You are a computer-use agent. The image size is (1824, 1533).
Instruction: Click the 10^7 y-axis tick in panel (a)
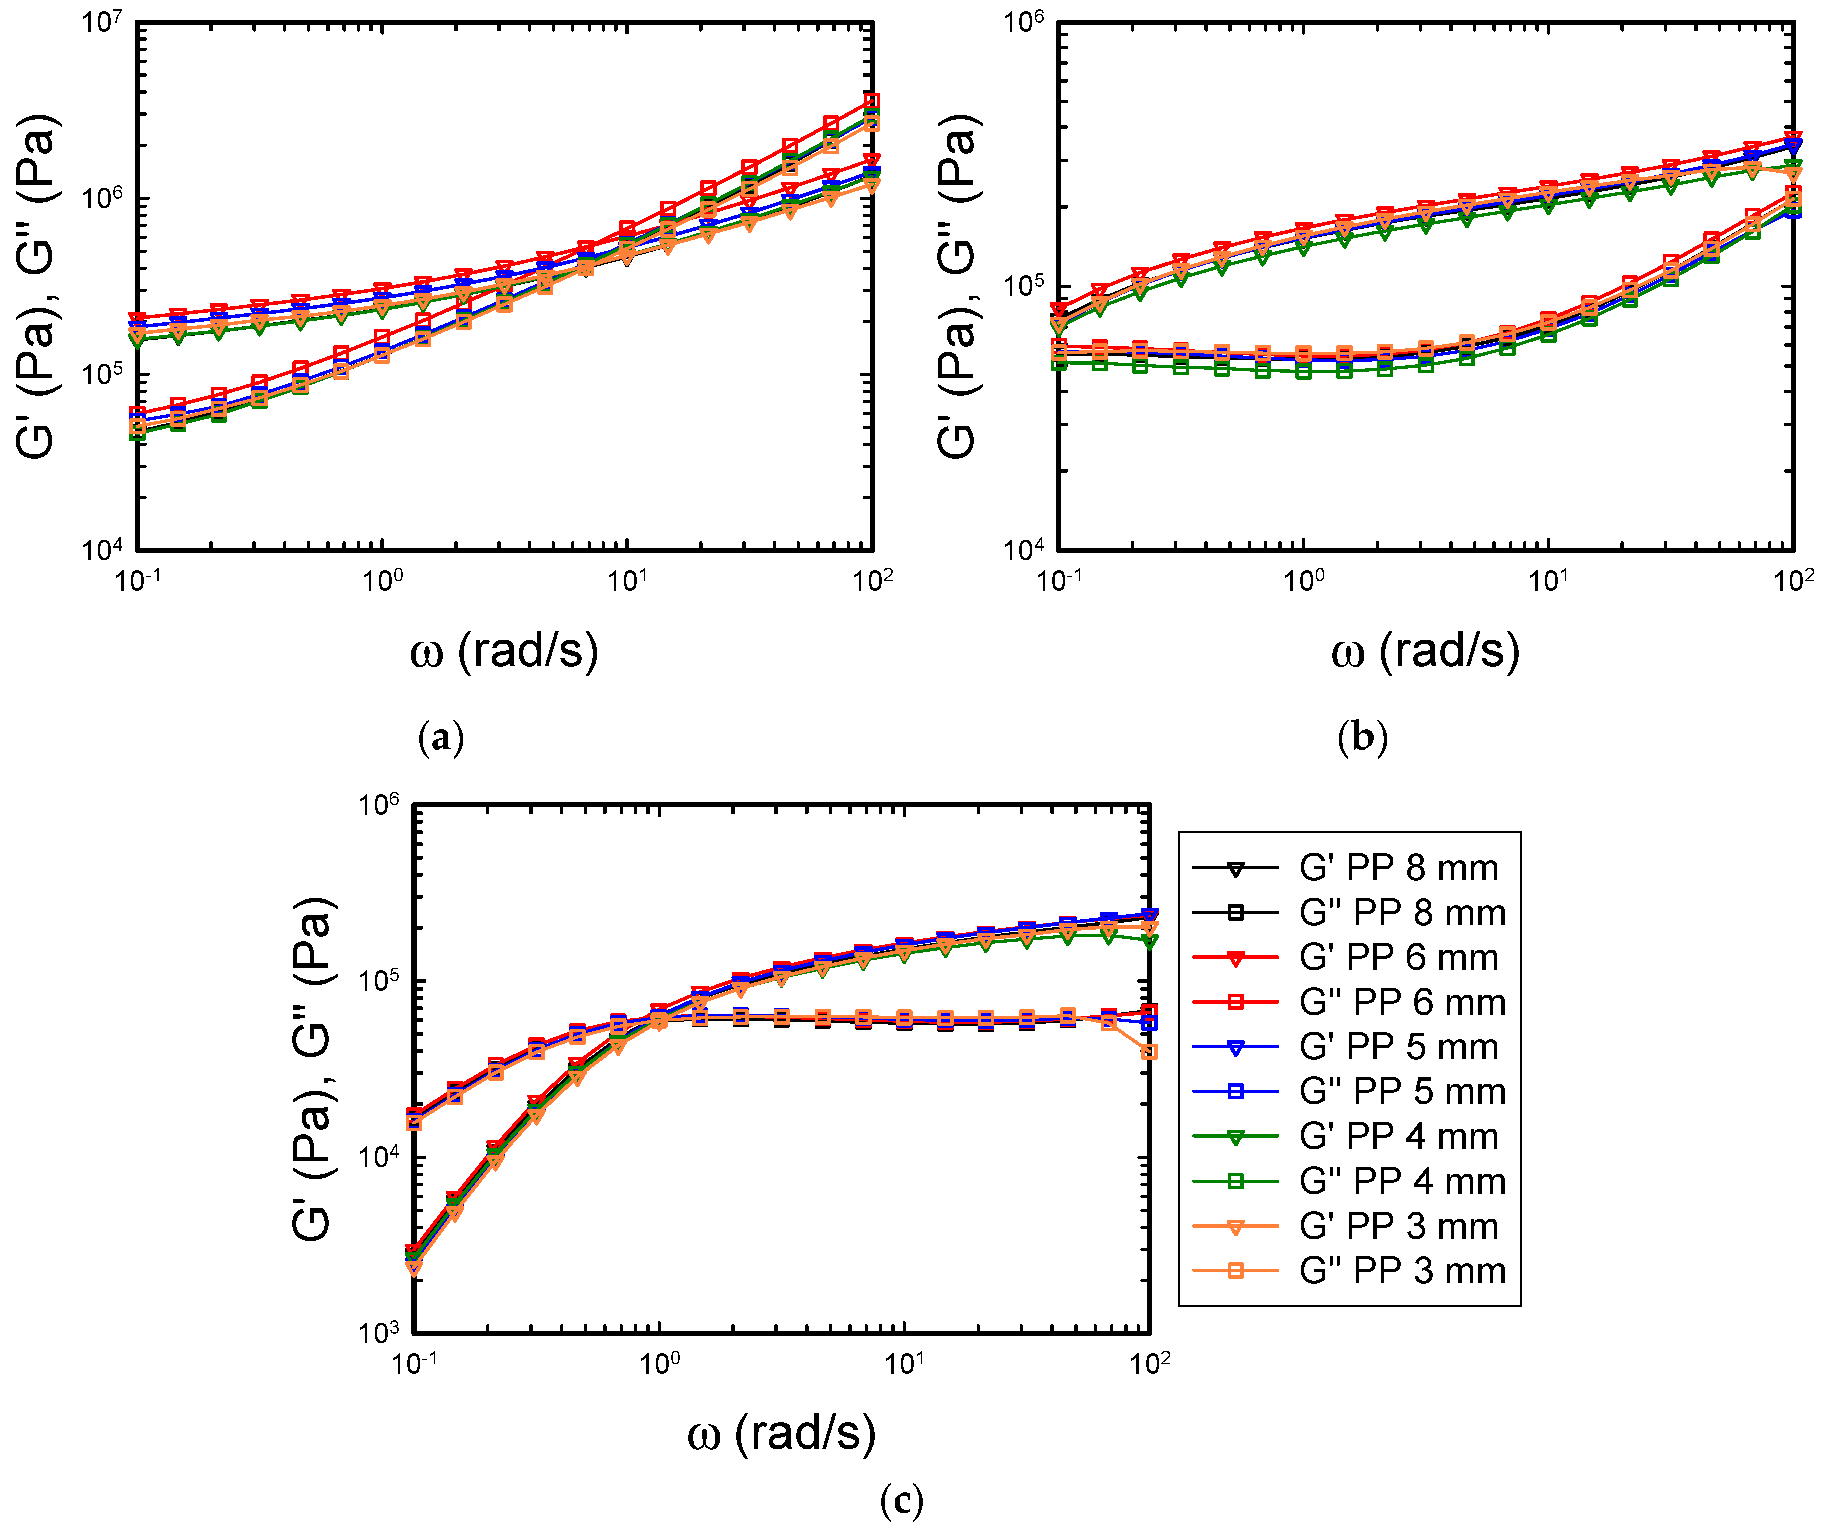[x=102, y=21]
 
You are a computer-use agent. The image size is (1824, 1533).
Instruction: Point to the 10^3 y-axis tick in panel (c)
[x=379, y=1332]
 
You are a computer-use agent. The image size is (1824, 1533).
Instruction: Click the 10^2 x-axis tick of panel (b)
[x=1792, y=579]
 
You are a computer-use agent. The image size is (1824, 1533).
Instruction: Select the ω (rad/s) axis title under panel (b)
[x=1425, y=651]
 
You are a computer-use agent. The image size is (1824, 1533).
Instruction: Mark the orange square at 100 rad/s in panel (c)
[x=1149, y=1052]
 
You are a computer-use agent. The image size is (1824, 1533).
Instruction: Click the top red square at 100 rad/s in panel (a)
[x=871, y=101]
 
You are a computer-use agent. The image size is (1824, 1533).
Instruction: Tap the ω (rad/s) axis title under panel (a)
[x=504, y=651]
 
